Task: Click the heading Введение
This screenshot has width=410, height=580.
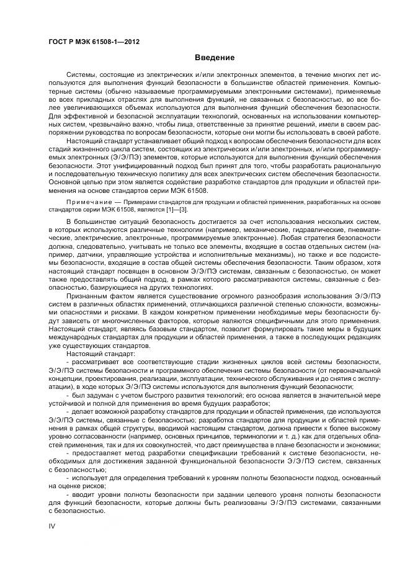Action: pyautogui.click(x=215, y=58)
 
